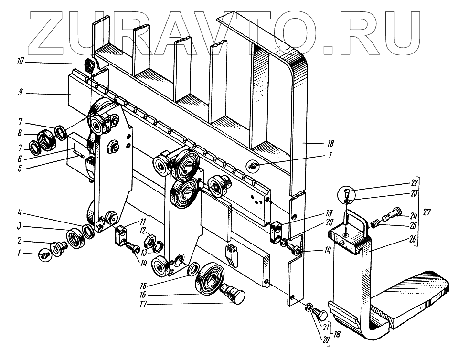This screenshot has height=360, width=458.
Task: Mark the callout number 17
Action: [142, 304]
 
